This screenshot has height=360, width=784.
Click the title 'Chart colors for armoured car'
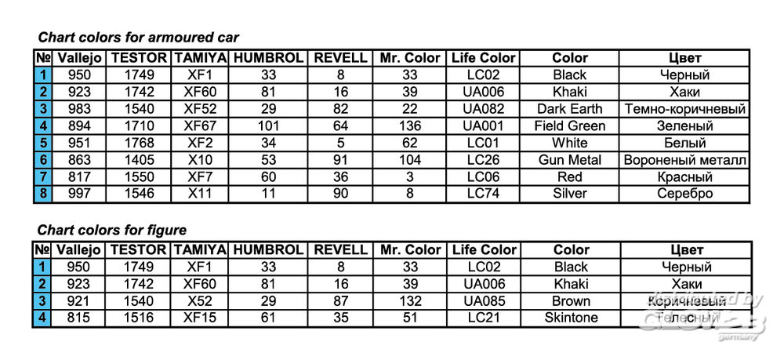point(139,38)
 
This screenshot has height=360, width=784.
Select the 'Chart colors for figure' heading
point(112,230)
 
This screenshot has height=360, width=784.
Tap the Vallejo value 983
point(78,109)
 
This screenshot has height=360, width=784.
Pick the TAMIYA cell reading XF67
point(200,126)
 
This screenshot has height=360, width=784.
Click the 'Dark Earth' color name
point(569,109)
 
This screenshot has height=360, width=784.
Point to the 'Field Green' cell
point(569,126)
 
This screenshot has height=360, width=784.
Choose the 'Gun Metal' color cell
point(569,160)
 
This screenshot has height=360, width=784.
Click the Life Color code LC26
point(483,160)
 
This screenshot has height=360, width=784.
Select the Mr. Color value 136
point(410,126)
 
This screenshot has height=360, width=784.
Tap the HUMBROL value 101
point(268,126)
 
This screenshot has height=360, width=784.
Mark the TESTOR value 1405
point(139,160)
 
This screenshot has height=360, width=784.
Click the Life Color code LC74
point(483,194)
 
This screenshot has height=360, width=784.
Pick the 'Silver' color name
point(569,194)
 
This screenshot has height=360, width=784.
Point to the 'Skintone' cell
point(571,318)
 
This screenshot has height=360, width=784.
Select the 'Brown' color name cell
point(571,301)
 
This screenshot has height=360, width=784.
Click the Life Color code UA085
point(484,301)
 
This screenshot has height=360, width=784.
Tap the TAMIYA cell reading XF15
point(200,318)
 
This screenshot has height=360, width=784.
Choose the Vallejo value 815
point(78,318)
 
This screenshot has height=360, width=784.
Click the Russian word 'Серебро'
point(684,194)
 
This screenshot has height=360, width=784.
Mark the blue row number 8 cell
point(42,194)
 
